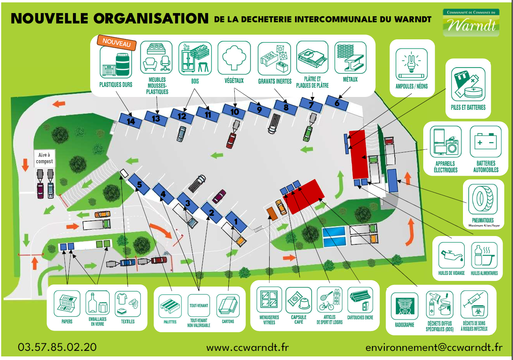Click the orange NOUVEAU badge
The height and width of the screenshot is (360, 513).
(117, 43)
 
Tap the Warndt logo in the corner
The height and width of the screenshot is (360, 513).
(471, 23)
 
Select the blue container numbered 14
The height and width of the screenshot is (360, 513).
(130, 121)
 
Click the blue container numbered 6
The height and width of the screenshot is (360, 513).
(337, 103)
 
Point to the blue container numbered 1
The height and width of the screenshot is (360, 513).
(236, 222)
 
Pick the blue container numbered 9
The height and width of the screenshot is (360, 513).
(259, 110)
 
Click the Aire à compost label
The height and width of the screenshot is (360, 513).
(44, 158)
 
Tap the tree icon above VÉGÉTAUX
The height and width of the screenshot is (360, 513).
(234, 58)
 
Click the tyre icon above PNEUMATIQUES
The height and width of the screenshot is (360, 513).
(483, 199)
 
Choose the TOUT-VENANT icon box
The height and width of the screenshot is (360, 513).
(199, 306)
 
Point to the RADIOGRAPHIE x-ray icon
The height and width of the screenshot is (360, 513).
(405, 306)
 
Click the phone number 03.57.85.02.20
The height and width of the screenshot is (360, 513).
(57, 347)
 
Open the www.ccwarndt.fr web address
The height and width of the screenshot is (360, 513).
(248, 347)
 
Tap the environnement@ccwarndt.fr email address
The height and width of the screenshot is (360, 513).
(434, 347)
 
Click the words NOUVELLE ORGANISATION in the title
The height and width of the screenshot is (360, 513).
(110, 18)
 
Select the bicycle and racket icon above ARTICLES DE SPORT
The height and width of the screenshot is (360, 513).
(330, 300)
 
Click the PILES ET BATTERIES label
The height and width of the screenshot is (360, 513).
(468, 107)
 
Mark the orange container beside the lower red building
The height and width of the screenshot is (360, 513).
(272, 214)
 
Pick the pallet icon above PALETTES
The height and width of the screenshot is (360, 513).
(170, 306)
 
